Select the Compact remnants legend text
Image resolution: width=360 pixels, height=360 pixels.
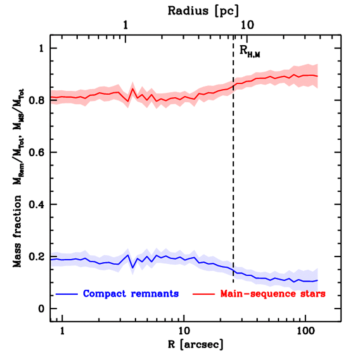[x=131, y=294]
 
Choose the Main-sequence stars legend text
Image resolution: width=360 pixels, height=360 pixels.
[x=273, y=294]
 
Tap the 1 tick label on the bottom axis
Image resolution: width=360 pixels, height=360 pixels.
[x=63, y=331]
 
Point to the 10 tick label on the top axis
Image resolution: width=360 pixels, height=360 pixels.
[x=247, y=25]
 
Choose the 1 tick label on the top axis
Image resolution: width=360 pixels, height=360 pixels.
[x=126, y=25]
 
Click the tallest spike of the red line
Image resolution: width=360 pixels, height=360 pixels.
[x=133, y=88]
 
